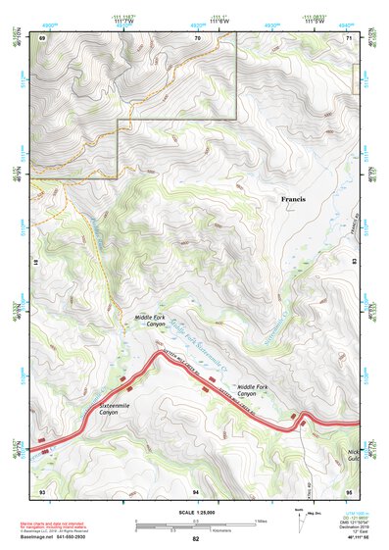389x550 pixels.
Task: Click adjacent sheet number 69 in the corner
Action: pyautogui.click(x=42, y=37)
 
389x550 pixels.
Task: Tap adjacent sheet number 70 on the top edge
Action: pyautogui.click(x=197, y=37)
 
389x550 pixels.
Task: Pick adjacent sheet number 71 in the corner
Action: pyautogui.click(x=348, y=37)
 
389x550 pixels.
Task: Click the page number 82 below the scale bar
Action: pyautogui.click(x=196, y=538)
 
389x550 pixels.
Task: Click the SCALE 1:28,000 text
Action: pyautogui.click(x=196, y=513)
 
